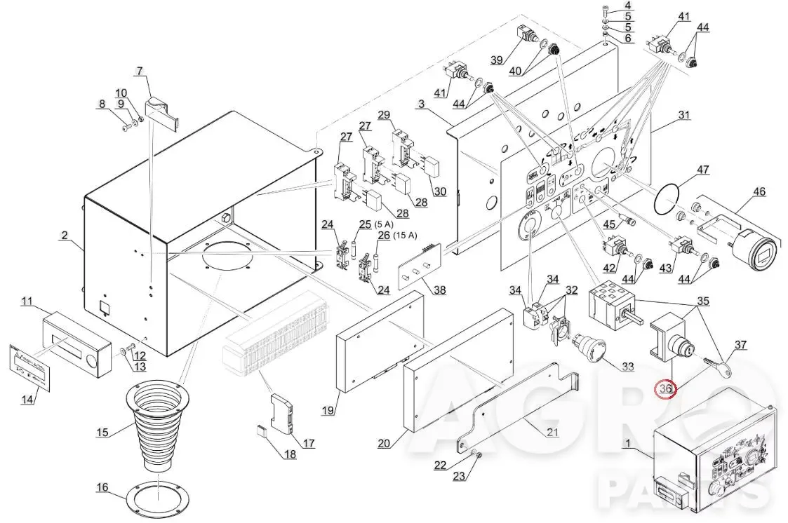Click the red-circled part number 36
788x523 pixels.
[666, 388]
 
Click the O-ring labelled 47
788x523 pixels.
[667, 200]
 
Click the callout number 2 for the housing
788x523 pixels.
[65, 235]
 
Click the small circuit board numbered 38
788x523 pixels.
[420, 265]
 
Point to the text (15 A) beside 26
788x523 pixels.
[405, 235]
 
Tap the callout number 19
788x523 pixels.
[328, 410]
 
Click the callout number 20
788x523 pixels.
[383, 442]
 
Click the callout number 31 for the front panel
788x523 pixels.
[684, 115]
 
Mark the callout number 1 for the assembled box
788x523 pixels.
[627, 443]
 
